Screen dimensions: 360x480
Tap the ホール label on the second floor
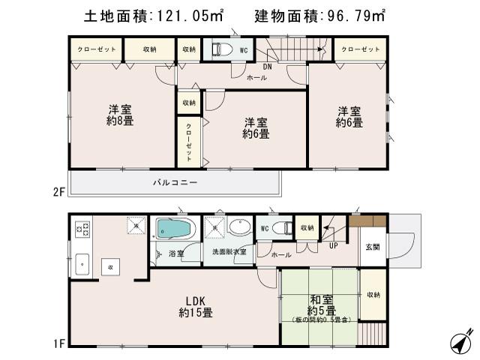[x=256, y=76]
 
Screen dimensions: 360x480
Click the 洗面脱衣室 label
[x=228, y=252]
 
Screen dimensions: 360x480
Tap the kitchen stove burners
[x=82, y=228]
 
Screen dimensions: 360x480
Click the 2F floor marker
[x=59, y=192]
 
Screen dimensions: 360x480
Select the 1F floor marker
[x=59, y=344]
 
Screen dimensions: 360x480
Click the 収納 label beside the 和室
[x=373, y=295]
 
